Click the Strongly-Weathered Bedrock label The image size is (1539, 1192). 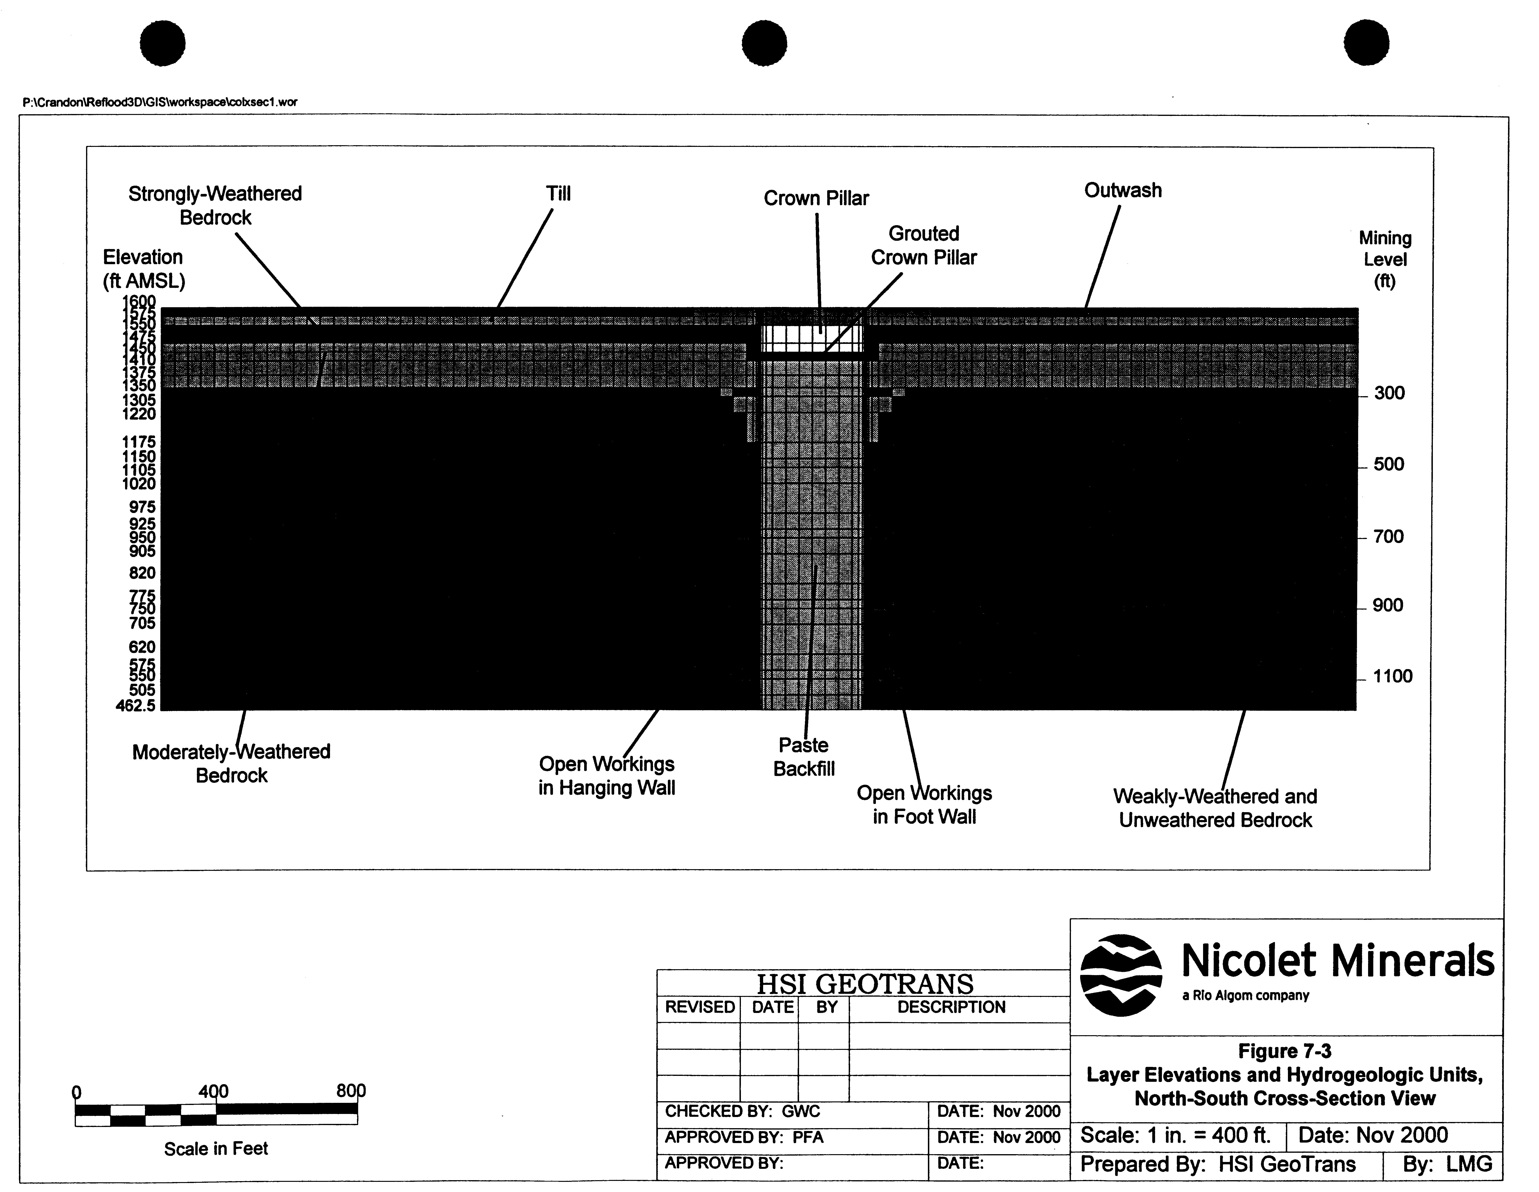point(215,205)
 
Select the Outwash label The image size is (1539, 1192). point(1122,190)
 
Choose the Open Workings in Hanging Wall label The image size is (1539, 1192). point(607,776)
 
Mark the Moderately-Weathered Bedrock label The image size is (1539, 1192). point(231,763)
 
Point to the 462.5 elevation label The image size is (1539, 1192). point(136,705)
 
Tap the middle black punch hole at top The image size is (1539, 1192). point(764,43)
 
